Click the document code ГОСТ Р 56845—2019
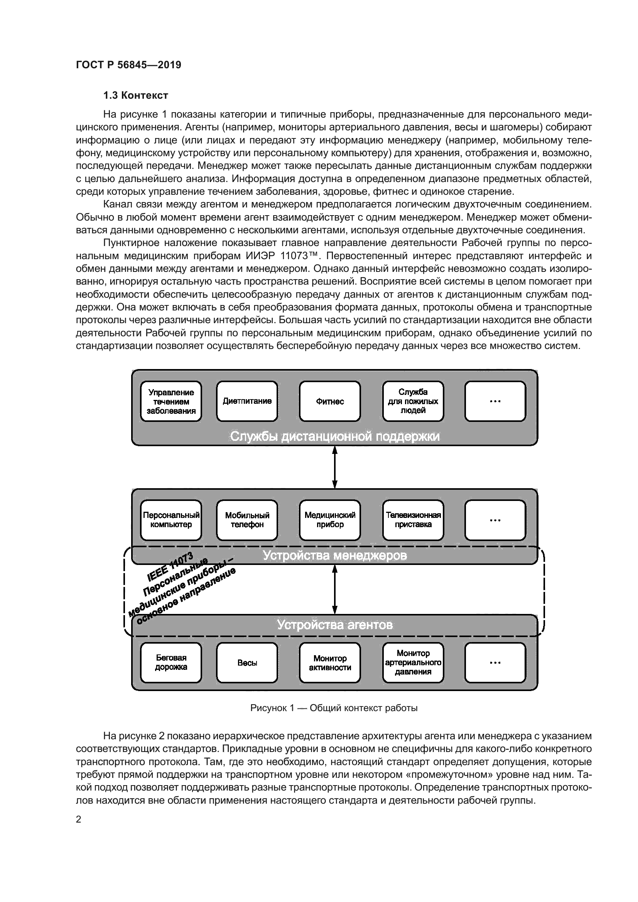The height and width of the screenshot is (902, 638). coord(128,65)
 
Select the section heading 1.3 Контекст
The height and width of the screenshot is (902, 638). coord(135,96)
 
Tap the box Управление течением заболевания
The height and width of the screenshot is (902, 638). coord(171,401)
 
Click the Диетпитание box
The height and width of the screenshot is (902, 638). coord(247,401)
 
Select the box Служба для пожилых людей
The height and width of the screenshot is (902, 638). coord(413,401)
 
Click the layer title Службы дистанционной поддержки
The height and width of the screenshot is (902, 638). coord(334,437)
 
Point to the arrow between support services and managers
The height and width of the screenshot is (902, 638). coord(335,467)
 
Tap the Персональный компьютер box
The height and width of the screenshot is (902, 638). coord(171,520)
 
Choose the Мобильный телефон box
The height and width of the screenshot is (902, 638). coord(247,520)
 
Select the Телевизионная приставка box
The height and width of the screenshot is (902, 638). coord(413,520)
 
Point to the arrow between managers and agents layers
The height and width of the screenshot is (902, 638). coord(335,590)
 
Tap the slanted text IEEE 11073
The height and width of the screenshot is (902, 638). coord(170,567)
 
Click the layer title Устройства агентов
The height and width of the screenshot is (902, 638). coord(334,625)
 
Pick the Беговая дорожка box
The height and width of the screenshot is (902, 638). coord(171,663)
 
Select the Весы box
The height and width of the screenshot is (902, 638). coord(247,663)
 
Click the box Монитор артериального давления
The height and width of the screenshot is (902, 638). coord(413,663)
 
